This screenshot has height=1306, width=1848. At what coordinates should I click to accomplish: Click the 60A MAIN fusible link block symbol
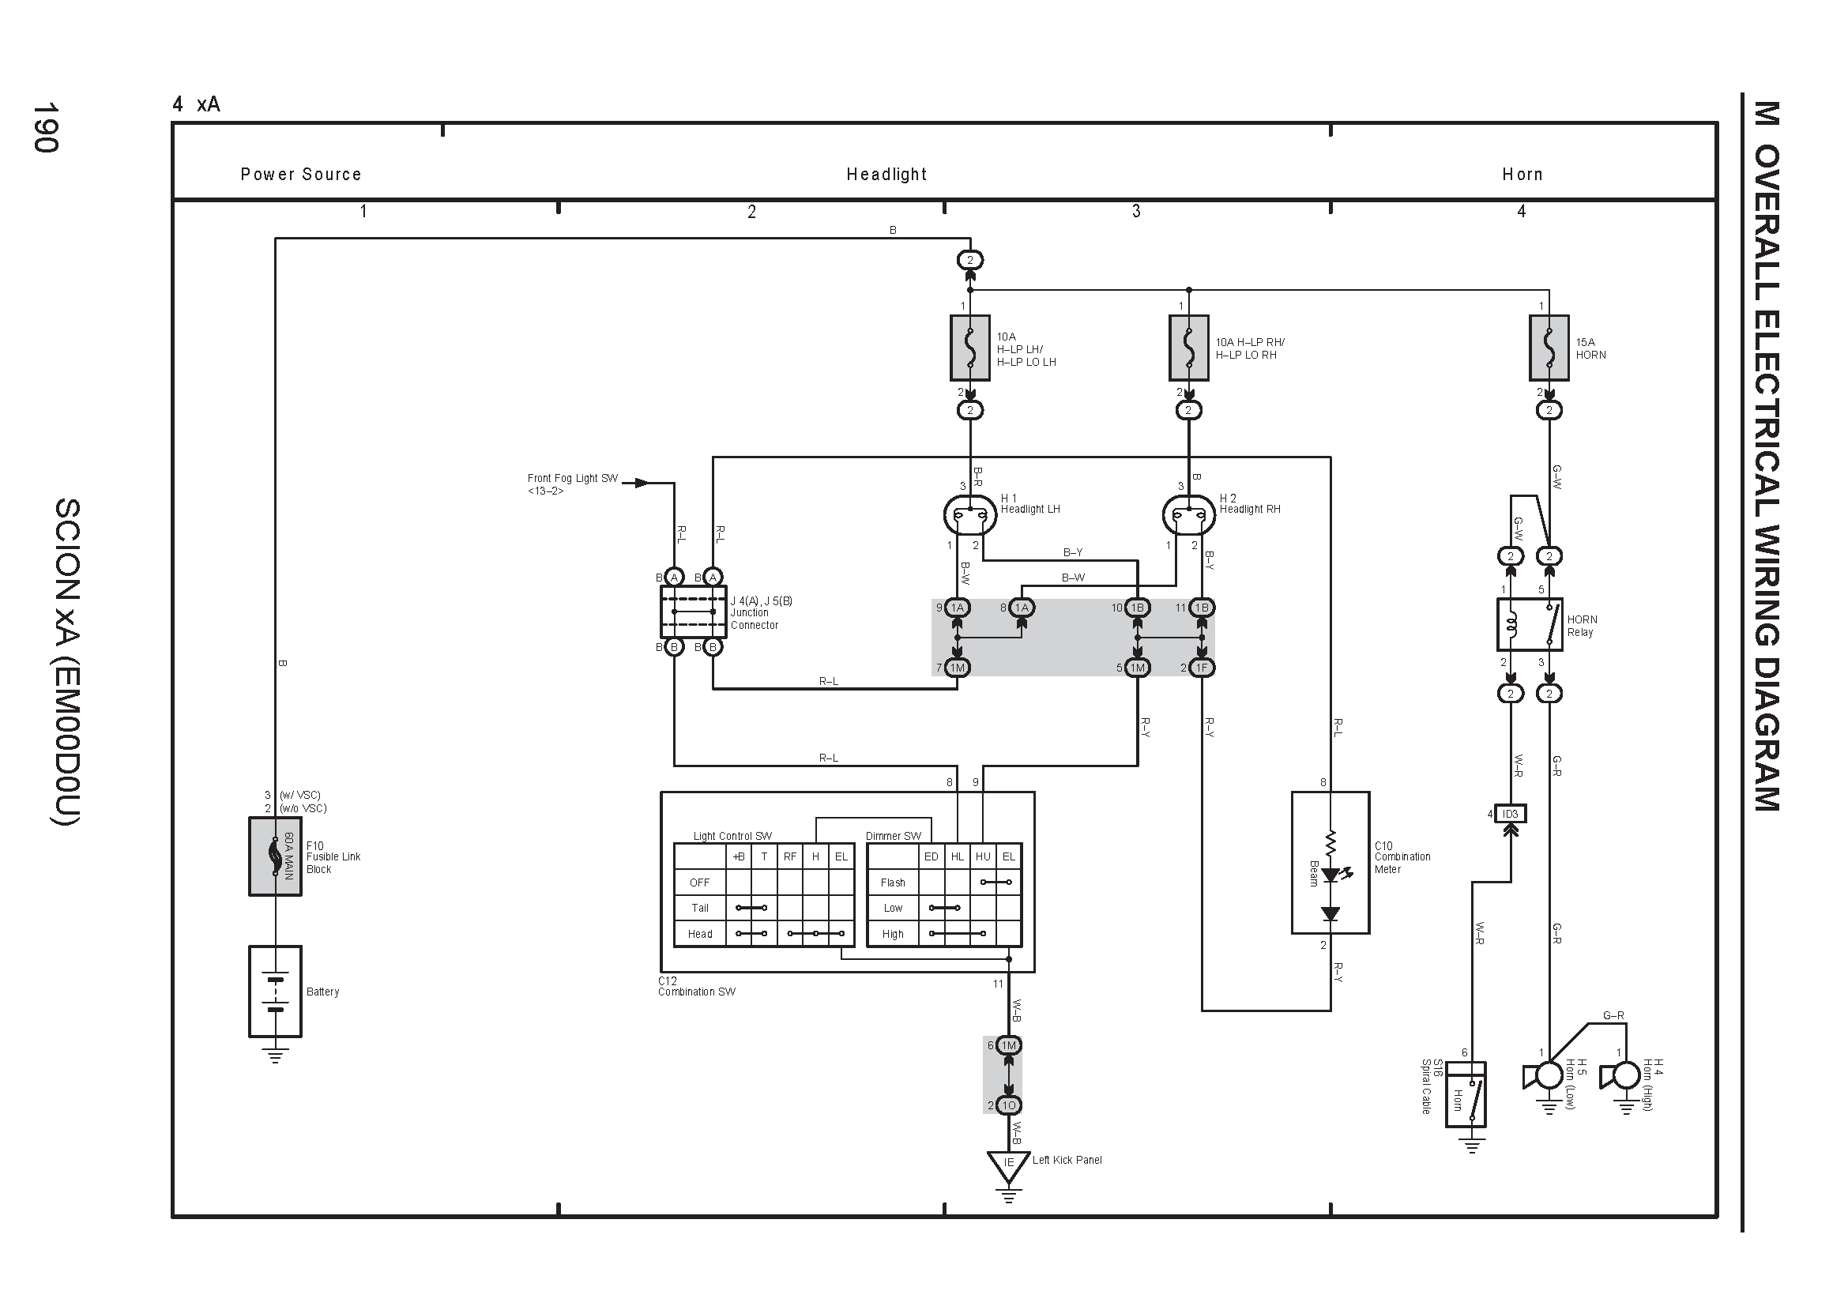pyautogui.click(x=275, y=856)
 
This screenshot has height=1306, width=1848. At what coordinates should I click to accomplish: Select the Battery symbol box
pyautogui.click(x=275, y=992)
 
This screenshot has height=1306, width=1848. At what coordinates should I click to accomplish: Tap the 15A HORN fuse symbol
pyautogui.click(x=1549, y=348)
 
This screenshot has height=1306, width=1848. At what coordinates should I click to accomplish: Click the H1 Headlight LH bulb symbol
pyautogui.click(x=970, y=514)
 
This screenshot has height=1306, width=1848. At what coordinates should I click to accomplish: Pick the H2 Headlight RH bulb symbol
pyautogui.click(x=1189, y=514)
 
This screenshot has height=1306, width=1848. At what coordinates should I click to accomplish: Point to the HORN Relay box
pyautogui.click(x=1530, y=624)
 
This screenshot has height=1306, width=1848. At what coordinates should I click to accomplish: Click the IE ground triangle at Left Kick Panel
pyautogui.click(x=1008, y=1167)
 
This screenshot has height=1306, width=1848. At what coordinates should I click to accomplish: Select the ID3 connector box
pyautogui.click(x=1510, y=814)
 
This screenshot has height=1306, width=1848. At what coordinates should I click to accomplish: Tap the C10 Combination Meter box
pyautogui.click(x=1330, y=863)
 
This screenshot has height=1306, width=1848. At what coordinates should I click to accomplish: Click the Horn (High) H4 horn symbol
pyautogui.click(x=1620, y=1075)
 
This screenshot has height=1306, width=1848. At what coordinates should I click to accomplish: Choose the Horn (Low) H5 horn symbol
pyautogui.click(x=1542, y=1076)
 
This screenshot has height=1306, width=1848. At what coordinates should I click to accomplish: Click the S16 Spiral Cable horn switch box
pyautogui.click(x=1466, y=1094)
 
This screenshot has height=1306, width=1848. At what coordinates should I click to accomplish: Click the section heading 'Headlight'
pyautogui.click(x=886, y=175)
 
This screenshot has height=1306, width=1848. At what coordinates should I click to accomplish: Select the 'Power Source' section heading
pyautogui.click(x=301, y=175)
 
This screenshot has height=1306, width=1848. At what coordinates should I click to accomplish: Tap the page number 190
pyautogui.click(x=45, y=127)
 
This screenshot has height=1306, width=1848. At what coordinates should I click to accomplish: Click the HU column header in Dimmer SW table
pyautogui.click(x=983, y=857)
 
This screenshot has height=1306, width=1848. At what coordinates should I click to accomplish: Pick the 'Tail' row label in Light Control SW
pyautogui.click(x=700, y=908)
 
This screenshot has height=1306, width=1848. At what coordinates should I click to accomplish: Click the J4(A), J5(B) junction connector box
pyautogui.click(x=693, y=612)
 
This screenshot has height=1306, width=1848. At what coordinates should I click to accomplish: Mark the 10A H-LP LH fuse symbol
pyautogui.click(x=970, y=348)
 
